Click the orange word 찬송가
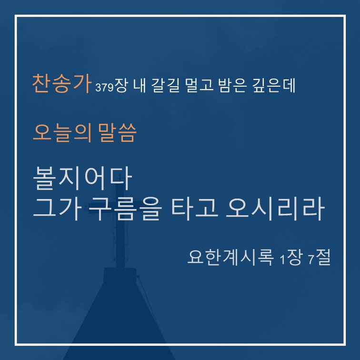(61, 83)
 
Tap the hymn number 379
(104, 88)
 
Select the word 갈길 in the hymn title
(165, 85)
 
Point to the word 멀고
(199, 85)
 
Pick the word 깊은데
(274, 85)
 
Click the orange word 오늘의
(62, 133)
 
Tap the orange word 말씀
(117, 133)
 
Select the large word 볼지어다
(83, 178)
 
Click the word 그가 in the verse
(58, 209)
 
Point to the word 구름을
(125, 209)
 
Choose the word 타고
(195, 209)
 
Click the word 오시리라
(275, 209)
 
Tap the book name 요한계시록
(230, 257)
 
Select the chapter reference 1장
(291, 257)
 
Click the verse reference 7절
(319, 257)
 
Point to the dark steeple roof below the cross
(120, 321)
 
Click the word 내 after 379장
(140, 85)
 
